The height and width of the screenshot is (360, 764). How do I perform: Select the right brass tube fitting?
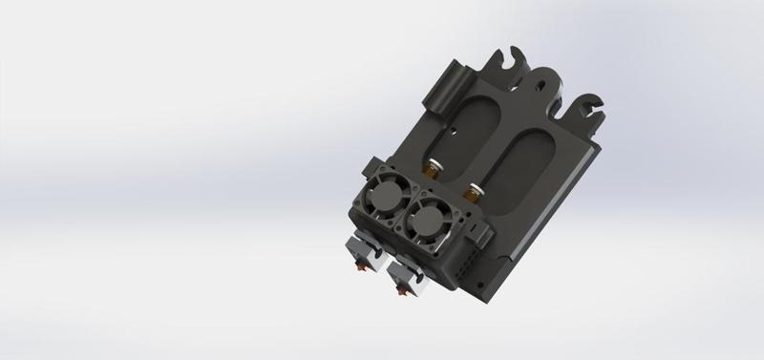(x=471, y=192)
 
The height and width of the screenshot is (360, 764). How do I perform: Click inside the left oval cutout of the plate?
(x=468, y=125)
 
